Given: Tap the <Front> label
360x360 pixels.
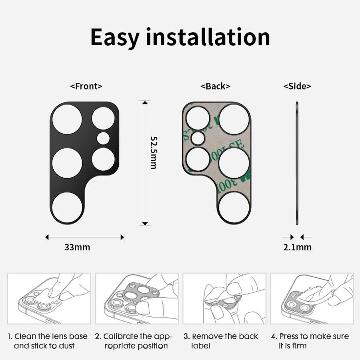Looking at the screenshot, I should (x=86, y=86).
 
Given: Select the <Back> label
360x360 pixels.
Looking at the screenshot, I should (x=216, y=86).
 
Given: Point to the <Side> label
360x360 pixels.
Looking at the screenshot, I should (x=297, y=86).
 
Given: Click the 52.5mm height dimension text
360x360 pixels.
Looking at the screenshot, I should (x=153, y=152).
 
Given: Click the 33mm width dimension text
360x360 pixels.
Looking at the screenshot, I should (x=77, y=247).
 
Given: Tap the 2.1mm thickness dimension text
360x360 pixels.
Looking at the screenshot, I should (x=297, y=247).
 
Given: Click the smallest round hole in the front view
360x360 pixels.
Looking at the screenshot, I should (x=103, y=138).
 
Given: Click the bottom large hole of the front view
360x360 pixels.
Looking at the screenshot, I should (x=67, y=207).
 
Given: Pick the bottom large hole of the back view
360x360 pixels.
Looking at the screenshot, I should (x=234, y=207).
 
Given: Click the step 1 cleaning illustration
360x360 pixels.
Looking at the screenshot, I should (x=49, y=298).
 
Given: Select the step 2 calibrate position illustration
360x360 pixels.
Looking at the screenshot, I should (x=136, y=298).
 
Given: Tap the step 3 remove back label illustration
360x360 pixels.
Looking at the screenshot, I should (x=224, y=298).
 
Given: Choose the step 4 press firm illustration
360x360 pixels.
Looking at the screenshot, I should (x=312, y=298).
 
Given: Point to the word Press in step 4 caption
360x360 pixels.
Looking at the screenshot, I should (x=290, y=336).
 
